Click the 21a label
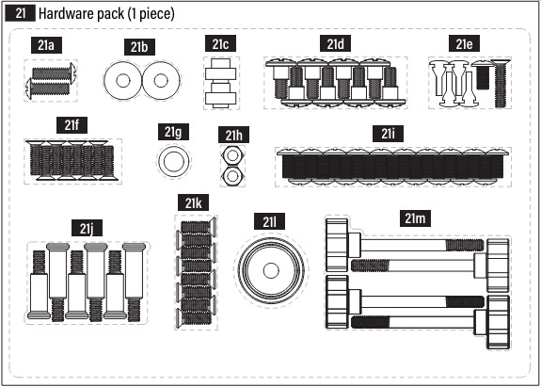pos(46,45)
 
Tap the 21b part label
pos(139,47)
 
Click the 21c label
pos(220,44)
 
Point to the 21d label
pos(335,43)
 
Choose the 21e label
pos(464,43)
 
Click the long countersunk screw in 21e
pos(501,84)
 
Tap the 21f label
pos(72,125)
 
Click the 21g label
pos(173,132)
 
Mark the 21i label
pos(388,134)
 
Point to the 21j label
pos(87,228)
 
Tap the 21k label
pos(193,202)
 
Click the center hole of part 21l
pos(271,270)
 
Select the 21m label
pos(415,218)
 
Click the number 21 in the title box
pos(21,13)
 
